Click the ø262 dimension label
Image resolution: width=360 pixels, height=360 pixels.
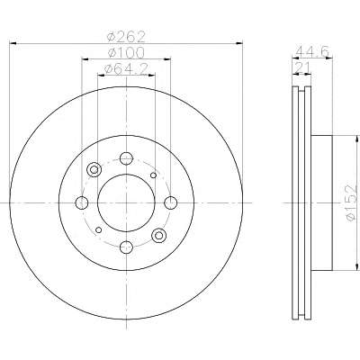click(x=126, y=37)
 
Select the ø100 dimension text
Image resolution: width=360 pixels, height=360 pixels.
click(x=126, y=53)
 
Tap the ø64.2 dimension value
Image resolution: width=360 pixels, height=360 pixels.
click(x=126, y=69)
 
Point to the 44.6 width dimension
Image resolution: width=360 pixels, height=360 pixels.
click(x=312, y=51)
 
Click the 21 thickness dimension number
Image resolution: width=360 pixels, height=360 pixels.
click(x=301, y=68)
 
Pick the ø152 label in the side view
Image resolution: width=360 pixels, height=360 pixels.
click(x=351, y=203)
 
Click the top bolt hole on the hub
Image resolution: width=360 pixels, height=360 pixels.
click(x=126, y=158)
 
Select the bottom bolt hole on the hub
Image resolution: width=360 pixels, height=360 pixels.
click(x=126, y=247)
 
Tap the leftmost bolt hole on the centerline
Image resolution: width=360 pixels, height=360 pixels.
click(x=82, y=202)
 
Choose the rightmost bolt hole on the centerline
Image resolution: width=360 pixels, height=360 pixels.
click(x=171, y=202)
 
